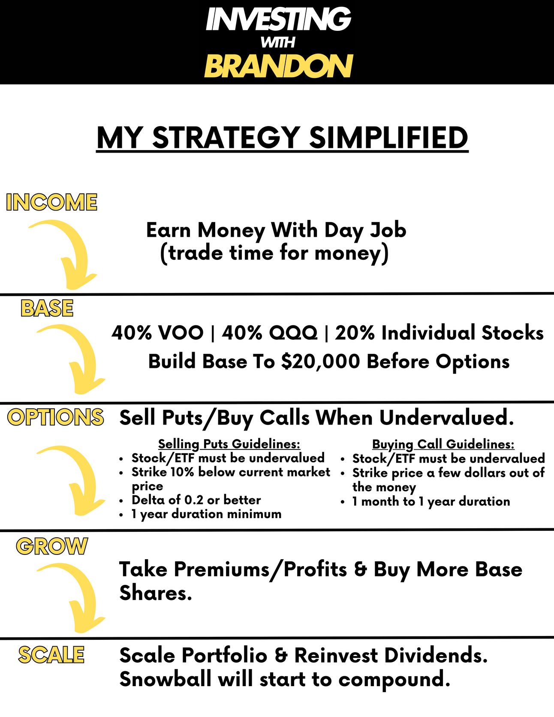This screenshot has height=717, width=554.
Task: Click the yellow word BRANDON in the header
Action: point(278,66)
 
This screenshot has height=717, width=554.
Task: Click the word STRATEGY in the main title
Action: point(226,138)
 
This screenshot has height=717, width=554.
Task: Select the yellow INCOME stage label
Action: point(52,202)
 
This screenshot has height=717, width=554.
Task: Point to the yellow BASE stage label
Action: point(47,308)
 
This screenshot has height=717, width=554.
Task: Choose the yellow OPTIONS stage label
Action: point(56,417)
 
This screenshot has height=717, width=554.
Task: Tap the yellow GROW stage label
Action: point(52,546)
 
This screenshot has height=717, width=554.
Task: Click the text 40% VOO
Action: point(157,333)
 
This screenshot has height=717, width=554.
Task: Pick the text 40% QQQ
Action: point(270,333)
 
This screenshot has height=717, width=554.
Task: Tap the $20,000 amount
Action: point(320,362)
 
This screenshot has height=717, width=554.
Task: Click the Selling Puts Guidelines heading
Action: point(229,444)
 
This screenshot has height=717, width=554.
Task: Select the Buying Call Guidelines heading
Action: point(443,444)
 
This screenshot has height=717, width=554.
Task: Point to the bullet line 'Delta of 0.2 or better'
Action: point(196,500)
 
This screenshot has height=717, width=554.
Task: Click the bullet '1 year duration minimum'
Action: point(206,514)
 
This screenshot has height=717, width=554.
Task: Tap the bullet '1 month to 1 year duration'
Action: point(431,501)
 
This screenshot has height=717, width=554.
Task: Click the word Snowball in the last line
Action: point(166,679)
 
